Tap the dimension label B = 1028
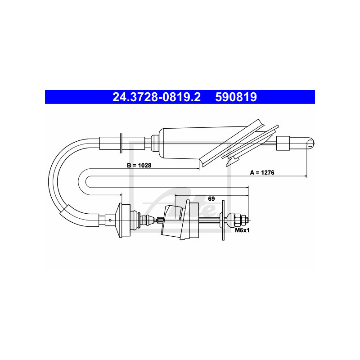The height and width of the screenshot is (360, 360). (139, 166)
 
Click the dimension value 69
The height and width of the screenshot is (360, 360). (211, 198)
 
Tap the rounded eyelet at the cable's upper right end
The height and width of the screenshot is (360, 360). (309, 143)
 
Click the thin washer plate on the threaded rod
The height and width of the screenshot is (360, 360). (223, 220)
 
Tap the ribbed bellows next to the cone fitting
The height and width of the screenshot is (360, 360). (144, 220)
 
